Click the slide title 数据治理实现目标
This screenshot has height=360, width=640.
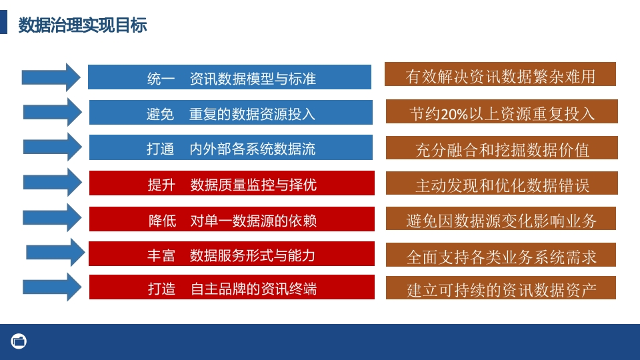click(x=83, y=25)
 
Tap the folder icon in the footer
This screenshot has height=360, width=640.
click(x=19, y=341)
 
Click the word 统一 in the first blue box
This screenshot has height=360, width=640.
click(x=161, y=79)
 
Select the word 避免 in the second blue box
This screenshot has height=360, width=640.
click(x=161, y=114)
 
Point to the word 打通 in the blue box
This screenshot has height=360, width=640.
click(x=161, y=149)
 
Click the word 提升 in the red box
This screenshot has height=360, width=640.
click(x=161, y=185)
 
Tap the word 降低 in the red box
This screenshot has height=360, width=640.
click(x=163, y=221)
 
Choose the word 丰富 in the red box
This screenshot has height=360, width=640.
click(x=161, y=255)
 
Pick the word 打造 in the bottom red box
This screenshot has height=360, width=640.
click(x=161, y=289)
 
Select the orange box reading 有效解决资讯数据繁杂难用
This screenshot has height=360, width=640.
click(x=500, y=74)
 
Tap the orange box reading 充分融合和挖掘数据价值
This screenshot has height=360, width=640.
click(x=501, y=148)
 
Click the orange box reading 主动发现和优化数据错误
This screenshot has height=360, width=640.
click(x=501, y=183)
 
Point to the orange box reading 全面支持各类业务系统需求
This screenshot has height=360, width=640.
click(x=501, y=255)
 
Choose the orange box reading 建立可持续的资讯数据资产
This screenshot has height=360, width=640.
click(x=501, y=288)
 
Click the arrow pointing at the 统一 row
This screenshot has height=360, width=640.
click(x=51, y=77)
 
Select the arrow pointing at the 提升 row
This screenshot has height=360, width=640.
click(x=52, y=182)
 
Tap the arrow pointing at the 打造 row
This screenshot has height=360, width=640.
click(x=52, y=287)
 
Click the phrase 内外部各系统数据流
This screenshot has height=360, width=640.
click(x=252, y=149)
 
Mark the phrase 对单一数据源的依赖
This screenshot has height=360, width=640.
click(x=253, y=221)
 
